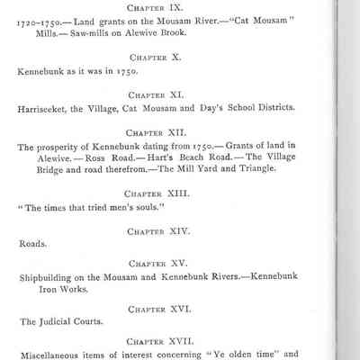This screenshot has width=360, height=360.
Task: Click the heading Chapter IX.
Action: pos(158,6)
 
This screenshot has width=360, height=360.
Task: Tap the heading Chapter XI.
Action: pos(158,94)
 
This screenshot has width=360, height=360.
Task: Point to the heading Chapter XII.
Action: pos(158,130)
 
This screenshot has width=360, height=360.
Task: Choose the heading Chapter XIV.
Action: pos(158,230)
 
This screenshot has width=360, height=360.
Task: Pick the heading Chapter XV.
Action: pos(158,263)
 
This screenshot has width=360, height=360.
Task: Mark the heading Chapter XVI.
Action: pos(158,309)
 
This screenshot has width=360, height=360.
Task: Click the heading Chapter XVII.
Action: pos(158,341)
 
